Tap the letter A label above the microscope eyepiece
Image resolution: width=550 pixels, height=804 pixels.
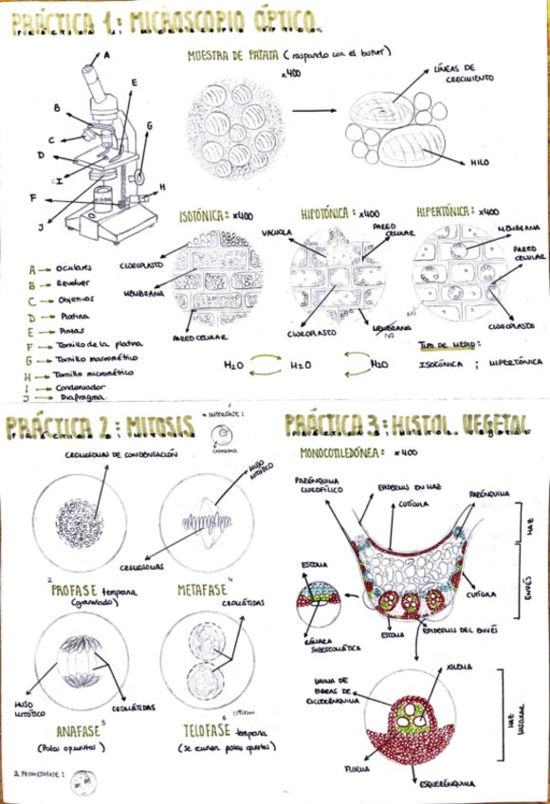point(107,55)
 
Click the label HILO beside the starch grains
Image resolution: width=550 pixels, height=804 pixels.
point(480,162)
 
